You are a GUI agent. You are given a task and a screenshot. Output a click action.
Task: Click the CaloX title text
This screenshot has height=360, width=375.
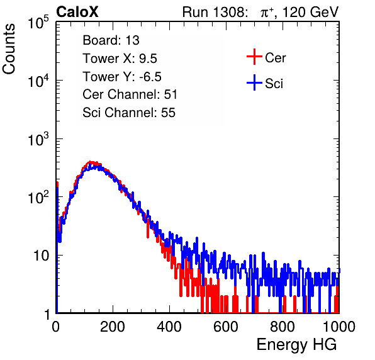77,12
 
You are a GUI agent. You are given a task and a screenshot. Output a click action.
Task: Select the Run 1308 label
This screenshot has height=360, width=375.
214,12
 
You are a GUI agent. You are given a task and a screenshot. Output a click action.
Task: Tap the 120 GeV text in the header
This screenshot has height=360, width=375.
310,12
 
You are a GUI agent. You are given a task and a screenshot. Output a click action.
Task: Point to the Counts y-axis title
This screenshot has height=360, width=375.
9,49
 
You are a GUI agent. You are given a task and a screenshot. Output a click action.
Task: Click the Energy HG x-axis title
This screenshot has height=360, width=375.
296,345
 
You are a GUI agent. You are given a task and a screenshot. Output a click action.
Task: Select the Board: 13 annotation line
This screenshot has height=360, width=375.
111,40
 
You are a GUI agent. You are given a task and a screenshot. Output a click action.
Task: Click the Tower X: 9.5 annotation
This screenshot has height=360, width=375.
120,59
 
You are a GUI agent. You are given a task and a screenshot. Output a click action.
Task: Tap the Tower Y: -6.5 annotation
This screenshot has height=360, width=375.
122,77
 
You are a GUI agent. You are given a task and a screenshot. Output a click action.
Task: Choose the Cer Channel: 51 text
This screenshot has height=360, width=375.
130,94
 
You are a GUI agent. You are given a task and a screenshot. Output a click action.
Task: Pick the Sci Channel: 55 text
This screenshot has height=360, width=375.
129,113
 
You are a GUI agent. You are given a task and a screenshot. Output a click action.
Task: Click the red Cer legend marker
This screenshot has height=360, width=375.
254,57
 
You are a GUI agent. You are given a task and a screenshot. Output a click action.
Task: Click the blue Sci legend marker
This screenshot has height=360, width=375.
254,82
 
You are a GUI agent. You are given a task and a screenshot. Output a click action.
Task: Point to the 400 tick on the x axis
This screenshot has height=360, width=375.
169,327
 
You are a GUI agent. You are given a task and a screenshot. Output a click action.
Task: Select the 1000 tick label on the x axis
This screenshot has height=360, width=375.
339,327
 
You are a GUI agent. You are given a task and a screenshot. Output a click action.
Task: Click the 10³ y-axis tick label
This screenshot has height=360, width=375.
38,139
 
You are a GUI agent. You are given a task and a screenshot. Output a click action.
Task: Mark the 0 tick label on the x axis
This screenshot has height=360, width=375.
56,327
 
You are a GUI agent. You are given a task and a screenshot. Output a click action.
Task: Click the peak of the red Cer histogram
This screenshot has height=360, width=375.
90,162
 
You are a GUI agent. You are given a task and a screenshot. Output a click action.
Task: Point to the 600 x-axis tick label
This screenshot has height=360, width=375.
226,327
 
